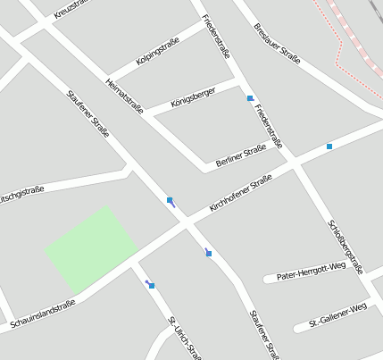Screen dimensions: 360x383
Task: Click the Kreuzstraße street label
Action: (71, 12)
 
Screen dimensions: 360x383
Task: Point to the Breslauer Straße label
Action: (276, 43)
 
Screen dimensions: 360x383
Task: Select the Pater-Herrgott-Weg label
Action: (311, 271)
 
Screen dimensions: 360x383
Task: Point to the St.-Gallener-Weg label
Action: (337, 314)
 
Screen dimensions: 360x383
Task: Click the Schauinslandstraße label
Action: (43, 314)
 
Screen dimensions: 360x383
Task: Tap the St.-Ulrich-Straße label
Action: (183, 335)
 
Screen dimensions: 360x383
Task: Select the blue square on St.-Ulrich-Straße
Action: (152, 286)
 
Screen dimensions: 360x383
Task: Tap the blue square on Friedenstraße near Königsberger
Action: (251, 98)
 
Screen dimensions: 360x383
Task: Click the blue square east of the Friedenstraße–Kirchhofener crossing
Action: (329, 147)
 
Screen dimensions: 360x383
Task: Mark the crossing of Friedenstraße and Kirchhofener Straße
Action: (294, 163)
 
